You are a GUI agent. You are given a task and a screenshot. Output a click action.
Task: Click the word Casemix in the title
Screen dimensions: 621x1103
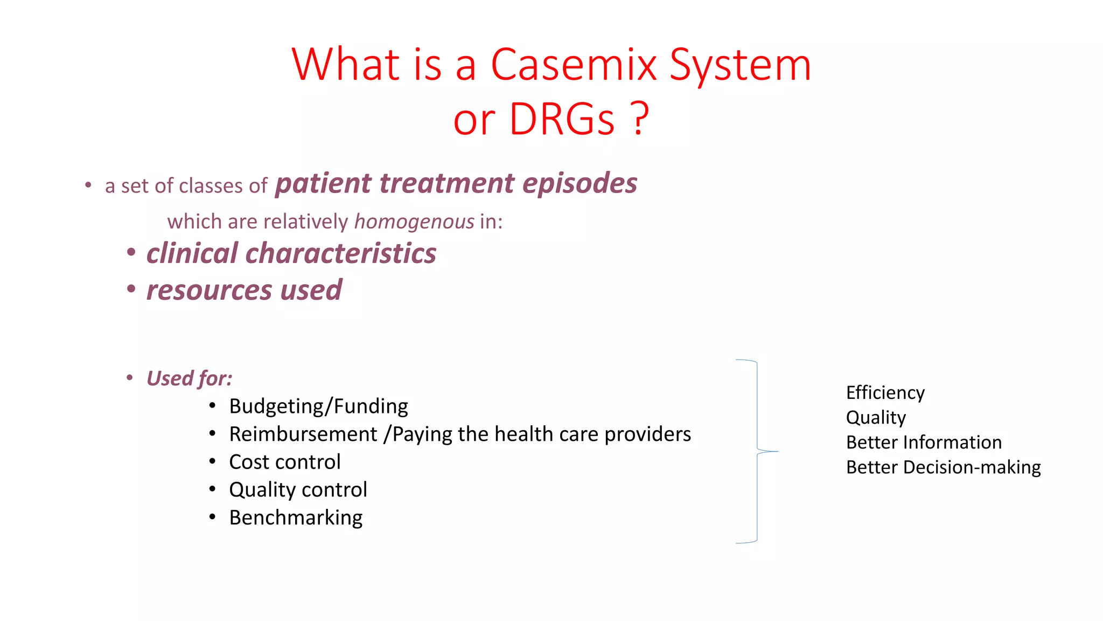pyautogui.click(x=574, y=65)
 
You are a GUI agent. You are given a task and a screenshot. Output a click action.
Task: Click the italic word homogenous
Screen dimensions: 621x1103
pyautogui.click(x=414, y=222)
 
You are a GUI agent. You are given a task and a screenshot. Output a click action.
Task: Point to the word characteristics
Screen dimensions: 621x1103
pyautogui.click(x=341, y=253)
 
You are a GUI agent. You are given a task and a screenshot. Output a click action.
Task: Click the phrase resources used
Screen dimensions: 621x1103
pyautogui.click(x=244, y=290)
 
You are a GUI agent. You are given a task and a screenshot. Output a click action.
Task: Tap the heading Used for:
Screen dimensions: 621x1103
pyautogui.click(x=189, y=378)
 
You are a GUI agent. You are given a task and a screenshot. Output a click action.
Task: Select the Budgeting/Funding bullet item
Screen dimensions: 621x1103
pyautogui.click(x=318, y=406)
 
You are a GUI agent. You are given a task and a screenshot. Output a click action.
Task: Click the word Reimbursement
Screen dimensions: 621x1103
pyautogui.click(x=303, y=434)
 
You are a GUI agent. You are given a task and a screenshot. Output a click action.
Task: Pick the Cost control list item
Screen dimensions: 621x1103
pyautogui.click(x=284, y=462)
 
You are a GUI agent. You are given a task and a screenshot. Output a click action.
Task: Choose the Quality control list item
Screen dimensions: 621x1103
pyautogui.click(x=298, y=490)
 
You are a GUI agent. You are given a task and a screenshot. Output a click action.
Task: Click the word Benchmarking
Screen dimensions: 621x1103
pyautogui.click(x=296, y=517)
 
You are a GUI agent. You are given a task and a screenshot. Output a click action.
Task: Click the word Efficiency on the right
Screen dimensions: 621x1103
pyautogui.click(x=885, y=393)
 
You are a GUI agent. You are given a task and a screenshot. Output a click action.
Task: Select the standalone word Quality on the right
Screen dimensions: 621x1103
pyautogui.click(x=876, y=418)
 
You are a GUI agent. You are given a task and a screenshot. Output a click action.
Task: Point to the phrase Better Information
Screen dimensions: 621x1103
pyautogui.click(x=924, y=443)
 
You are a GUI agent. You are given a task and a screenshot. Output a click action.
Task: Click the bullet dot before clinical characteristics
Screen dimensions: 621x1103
pyautogui.click(x=131, y=253)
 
